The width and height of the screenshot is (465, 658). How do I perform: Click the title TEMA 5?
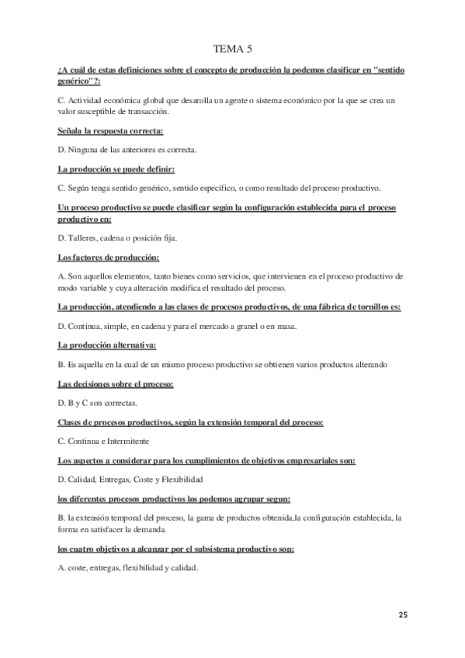232,49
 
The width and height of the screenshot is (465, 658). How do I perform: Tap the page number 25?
403,615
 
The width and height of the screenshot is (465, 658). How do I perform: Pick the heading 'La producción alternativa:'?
107,345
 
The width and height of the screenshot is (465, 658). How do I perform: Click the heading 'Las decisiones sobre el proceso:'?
116,384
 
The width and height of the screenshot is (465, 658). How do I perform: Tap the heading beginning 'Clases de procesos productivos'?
191,422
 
